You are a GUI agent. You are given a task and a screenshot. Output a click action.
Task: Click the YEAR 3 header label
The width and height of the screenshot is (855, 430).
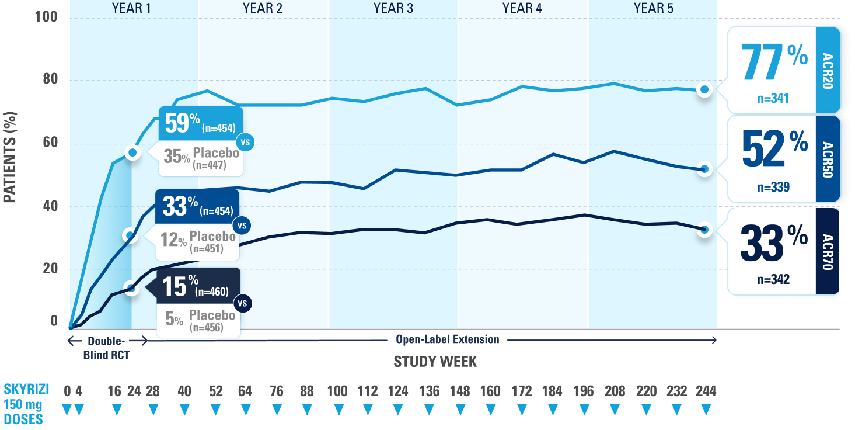[x=393, y=8]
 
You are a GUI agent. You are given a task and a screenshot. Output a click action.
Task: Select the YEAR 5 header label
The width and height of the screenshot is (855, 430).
[x=652, y=8]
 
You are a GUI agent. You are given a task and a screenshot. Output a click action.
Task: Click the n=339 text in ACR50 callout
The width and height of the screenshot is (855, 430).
[x=773, y=188]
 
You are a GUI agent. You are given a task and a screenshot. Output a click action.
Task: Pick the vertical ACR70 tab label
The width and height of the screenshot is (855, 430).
[x=828, y=251]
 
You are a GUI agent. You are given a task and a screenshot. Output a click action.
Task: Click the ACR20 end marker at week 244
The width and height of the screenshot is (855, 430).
[x=705, y=89]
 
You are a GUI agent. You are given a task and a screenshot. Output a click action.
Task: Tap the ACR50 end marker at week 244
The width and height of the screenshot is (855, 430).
[x=705, y=169]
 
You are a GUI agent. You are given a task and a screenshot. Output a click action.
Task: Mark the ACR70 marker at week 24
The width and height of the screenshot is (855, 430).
[x=132, y=288]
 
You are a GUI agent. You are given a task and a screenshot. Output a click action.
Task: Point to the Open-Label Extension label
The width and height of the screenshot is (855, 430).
[x=447, y=339]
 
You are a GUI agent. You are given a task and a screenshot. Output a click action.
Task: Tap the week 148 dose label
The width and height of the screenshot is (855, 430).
[x=459, y=391]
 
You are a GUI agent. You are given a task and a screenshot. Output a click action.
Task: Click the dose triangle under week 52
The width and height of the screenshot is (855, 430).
[x=216, y=411]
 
